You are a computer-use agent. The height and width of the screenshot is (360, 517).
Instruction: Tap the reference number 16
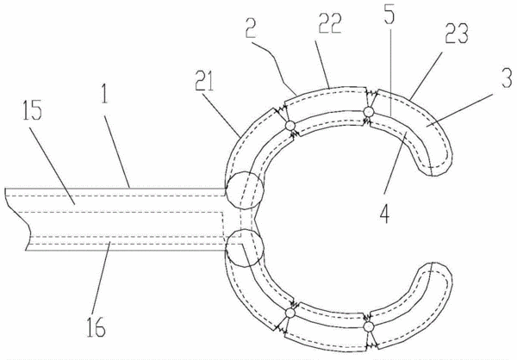[x=96, y=326]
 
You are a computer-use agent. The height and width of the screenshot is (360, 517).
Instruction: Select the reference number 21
[x=204, y=80]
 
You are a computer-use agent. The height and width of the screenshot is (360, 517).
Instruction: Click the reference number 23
[x=457, y=33]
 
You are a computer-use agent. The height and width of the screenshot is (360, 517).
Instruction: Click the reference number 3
[x=508, y=78]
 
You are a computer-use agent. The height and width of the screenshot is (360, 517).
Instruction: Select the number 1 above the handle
[x=104, y=93]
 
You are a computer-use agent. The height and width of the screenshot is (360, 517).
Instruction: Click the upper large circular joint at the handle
[x=244, y=191]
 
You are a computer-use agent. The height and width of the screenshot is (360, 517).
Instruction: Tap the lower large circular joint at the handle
[x=245, y=248]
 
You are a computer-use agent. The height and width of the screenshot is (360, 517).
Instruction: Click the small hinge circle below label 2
[x=290, y=125]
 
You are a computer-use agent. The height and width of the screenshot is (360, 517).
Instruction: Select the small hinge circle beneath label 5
[x=369, y=112]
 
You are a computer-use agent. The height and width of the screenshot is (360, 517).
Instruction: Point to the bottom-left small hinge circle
[x=290, y=313]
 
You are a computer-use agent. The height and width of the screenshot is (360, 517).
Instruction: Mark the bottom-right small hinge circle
[x=369, y=326]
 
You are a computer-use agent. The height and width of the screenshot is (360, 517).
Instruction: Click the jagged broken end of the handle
[x=16, y=220]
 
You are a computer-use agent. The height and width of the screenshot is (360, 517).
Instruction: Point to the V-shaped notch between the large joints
[x=254, y=219]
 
